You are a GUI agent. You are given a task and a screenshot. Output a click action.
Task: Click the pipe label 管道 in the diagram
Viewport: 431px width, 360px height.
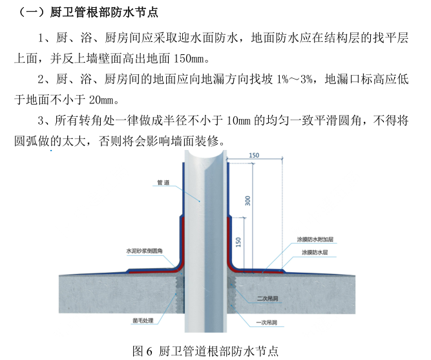[x=163, y=183]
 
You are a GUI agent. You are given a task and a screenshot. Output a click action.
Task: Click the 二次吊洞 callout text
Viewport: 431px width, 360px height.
[x=267, y=299]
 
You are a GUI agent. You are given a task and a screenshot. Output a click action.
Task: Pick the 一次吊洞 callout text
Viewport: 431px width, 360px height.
[x=267, y=321]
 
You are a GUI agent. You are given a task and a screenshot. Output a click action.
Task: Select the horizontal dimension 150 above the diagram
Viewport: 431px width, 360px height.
[x=253, y=156]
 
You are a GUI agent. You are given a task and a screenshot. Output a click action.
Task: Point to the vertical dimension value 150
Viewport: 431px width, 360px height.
[x=239, y=242]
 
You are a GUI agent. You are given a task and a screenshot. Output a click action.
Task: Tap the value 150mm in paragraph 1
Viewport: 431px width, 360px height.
[x=187, y=59]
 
